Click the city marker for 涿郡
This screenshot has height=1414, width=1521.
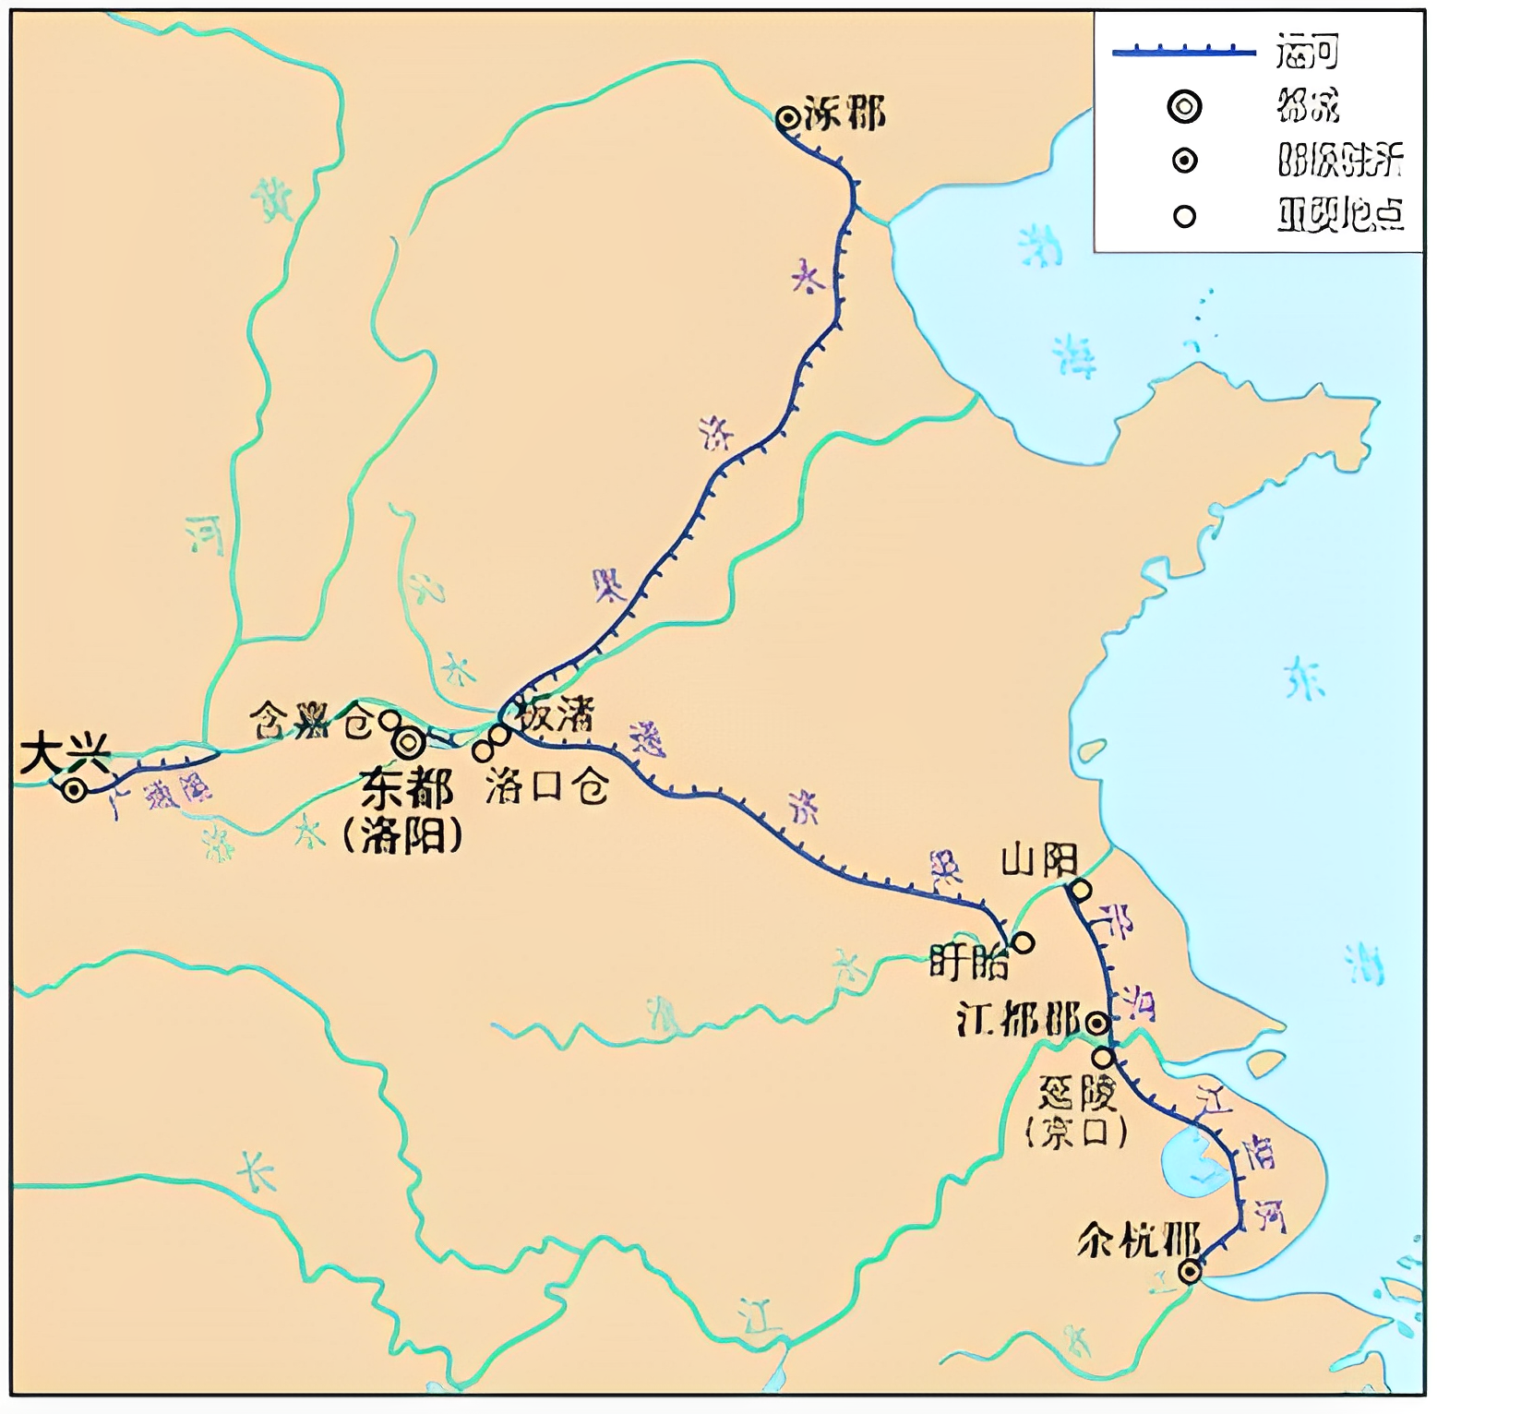pyautogui.click(x=788, y=117)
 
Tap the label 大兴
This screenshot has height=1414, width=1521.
pyautogui.click(x=65, y=753)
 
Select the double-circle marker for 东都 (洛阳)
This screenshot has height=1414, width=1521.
pyautogui.click(x=407, y=742)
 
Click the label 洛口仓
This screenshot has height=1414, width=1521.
pyautogui.click(x=546, y=786)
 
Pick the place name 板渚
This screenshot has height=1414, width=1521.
pyautogui.click(x=557, y=715)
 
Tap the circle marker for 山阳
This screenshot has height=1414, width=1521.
pyautogui.click(x=1080, y=890)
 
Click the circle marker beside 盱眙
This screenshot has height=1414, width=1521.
pyautogui.click(x=1023, y=942)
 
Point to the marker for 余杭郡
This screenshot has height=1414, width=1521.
pyautogui.click(x=1191, y=1272)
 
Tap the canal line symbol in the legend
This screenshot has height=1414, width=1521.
pyautogui.click(x=1183, y=51)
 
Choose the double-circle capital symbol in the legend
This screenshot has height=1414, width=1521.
pyautogui.click(x=1184, y=107)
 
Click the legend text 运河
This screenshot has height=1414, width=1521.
pyautogui.click(x=1307, y=51)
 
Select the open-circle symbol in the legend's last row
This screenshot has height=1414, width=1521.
pyautogui.click(x=1184, y=216)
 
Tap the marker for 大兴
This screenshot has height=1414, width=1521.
pyautogui.click(x=74, y=790)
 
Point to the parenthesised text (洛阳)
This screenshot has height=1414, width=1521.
pyautogui.click(x=402, y=836)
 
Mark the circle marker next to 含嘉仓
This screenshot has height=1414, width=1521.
pyautogui.click(x=390, y=720)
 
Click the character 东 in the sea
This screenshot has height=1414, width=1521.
pyautogui.click(x=1305, y=678)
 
